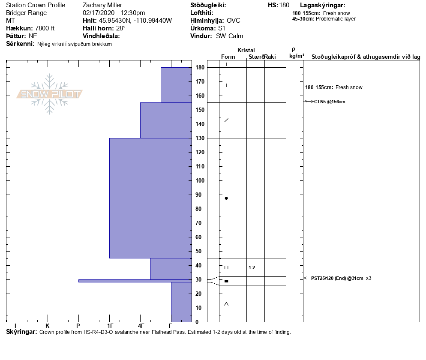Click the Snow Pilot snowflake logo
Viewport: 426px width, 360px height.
[49, 94]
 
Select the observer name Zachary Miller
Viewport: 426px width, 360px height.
[102, 5]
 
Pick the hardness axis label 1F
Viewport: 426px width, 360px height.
[110, 326]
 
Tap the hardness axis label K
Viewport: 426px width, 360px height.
[48, 326]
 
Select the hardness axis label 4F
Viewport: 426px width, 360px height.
[141, 326]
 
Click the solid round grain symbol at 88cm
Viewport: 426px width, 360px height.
[226, 198]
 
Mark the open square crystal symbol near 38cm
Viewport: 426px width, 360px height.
[226, 267]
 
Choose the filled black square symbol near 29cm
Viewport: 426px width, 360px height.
[226, 281]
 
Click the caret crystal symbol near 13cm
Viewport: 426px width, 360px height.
[226, 304]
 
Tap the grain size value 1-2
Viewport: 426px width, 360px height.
[252, 267]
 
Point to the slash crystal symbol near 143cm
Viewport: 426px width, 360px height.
[226, 120]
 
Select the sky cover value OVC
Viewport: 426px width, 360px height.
[234, 21]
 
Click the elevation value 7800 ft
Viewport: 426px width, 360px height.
[45, 28]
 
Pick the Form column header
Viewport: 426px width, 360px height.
[228, 57]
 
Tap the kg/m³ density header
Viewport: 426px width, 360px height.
[297, 56]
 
